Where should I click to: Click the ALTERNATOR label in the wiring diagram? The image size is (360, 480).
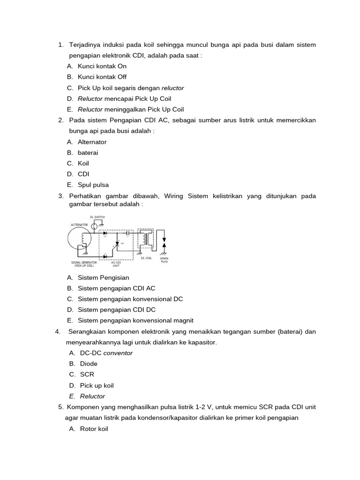[79, 225]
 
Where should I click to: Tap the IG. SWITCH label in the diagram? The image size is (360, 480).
[97, 217]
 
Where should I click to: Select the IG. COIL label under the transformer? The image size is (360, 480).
[145, 258]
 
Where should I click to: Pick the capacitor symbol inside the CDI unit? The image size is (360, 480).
[127, 232]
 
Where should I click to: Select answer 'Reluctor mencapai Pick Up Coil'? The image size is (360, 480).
[124, 98]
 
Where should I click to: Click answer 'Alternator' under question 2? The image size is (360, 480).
[92, 142]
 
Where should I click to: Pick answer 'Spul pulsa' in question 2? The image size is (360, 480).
[93, 185]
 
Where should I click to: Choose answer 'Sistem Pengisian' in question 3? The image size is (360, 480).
[103, 277]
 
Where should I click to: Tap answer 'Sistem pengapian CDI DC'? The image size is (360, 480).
[116, 310]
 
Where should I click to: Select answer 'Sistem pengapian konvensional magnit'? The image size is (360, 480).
[135, 321]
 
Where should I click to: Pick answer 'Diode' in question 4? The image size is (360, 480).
[89, 364]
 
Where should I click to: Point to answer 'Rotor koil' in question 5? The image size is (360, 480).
[94, 428]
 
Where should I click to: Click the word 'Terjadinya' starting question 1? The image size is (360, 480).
[84, 45]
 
